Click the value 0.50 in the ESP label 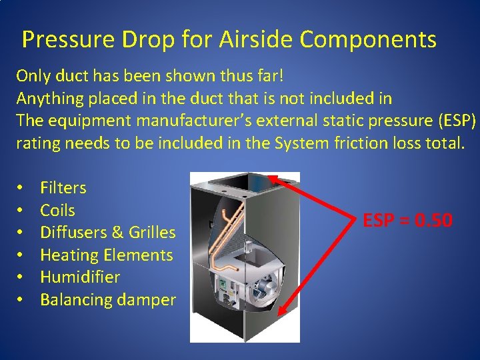433,220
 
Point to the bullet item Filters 63,188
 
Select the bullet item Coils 57,211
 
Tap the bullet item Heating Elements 106,255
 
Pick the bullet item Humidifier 80,277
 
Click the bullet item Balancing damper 107,300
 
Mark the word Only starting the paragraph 33,75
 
